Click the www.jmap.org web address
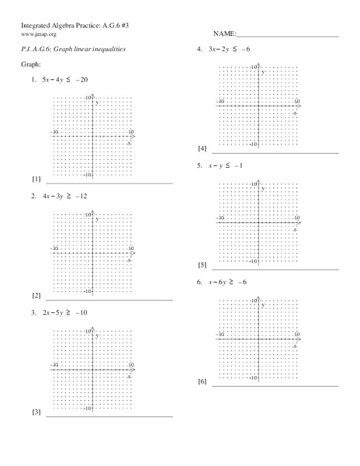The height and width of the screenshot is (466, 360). tap(38, 35)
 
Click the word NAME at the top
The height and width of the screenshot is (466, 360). tap(222, 35)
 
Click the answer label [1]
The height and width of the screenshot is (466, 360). tap(36, 179)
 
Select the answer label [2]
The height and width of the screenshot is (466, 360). tap(36, 296)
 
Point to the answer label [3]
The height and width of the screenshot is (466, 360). tap(36, 412)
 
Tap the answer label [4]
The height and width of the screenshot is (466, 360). tap(202, 148)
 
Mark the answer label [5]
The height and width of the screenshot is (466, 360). tap(202, 265)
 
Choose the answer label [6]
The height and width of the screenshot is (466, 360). tap(202, 381)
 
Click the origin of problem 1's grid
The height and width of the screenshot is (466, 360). tap(92, 137)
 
